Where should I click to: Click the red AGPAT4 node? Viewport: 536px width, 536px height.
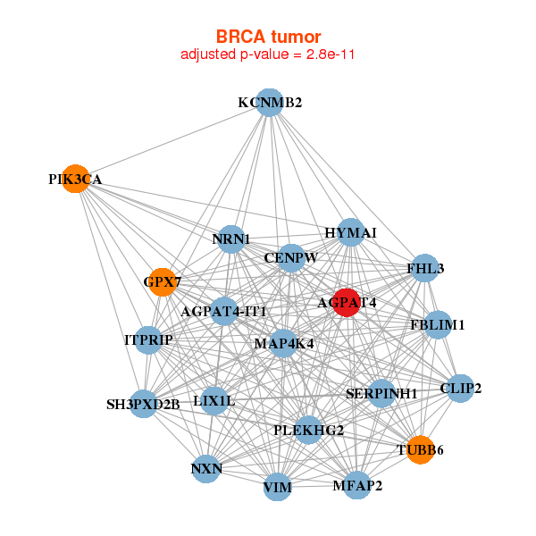tap(347, 302)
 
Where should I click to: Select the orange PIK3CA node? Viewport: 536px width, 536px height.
tap(76, 179)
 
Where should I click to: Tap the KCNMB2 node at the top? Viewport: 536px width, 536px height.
tap(270, 103)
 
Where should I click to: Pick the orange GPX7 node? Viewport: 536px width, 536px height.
tap(163, 282)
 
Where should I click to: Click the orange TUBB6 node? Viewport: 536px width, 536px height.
tap(421, 450)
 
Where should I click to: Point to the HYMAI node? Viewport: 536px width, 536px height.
tap(351, 232)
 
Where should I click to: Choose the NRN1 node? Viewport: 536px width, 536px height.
tap(231, 239)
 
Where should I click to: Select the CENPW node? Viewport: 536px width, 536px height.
tap(291, 258)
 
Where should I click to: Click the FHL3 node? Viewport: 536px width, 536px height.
tap(425, 268)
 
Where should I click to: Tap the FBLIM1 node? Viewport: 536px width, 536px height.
tap(438, 325)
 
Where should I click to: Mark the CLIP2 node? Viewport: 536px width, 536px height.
tap(460, 389)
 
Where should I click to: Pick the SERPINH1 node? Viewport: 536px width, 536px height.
tap(381, 393)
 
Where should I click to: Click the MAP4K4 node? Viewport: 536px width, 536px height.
tap(283, 344)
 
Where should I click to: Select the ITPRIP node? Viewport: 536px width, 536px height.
tap(148, 340)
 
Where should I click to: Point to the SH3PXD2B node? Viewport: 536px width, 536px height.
tap(144, 404)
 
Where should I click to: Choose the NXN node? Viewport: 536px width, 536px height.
tap(206, 469)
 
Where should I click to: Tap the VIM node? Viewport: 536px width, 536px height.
tap(278, 487)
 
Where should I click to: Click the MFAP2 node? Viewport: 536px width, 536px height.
tap(356, 485)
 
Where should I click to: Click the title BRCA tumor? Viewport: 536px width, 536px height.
tap(268, 37)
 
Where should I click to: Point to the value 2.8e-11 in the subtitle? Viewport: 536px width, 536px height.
tap(330, 54)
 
